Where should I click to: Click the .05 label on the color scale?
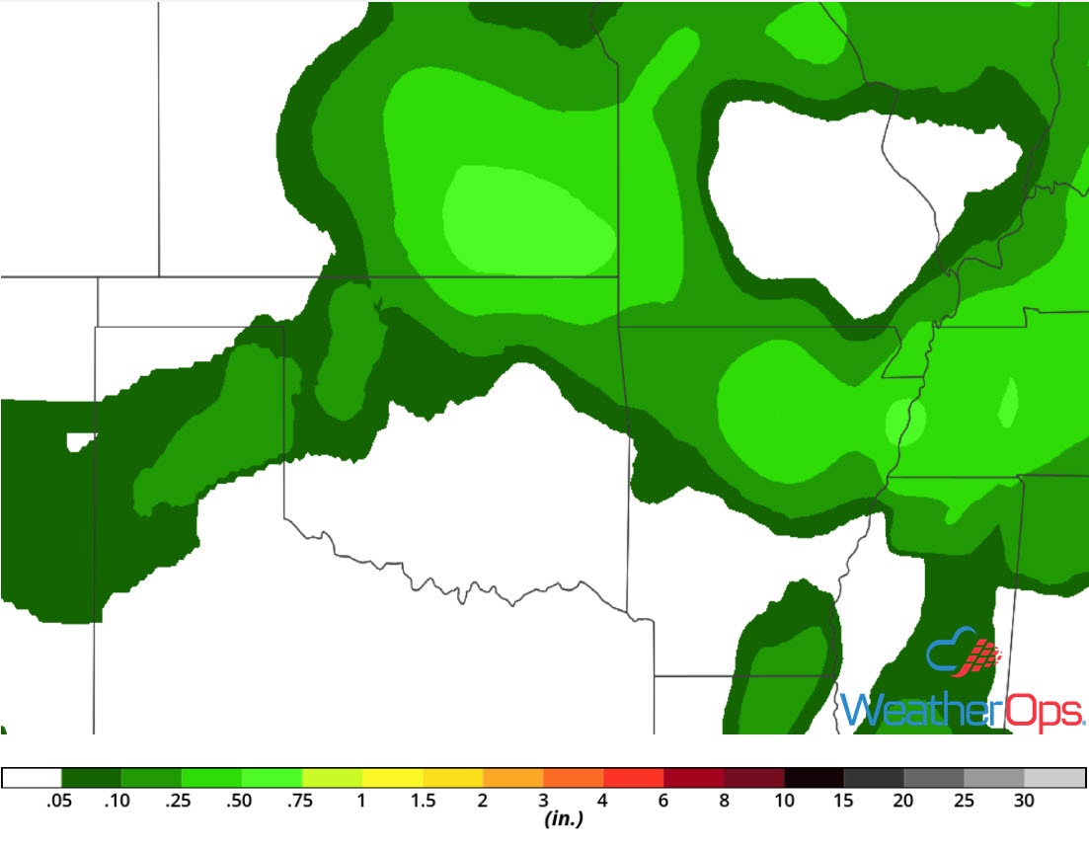tap(60, 802)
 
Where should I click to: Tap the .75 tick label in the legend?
tap(301, 802)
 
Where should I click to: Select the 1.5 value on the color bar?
tap(423, 802)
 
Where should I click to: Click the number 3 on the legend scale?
tap(543, 802)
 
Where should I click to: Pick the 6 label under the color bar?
tap(663, 802)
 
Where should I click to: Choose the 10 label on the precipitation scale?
tap(784, 802)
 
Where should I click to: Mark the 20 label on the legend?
tap(903, 802)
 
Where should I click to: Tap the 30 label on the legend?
tap(1024, 802)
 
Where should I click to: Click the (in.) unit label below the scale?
tap(560, 819)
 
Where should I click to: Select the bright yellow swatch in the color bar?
tap(392, 777)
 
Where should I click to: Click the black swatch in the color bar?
tap(814, 777)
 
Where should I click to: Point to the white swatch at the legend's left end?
tap(32, 777)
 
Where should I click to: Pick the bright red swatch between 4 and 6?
tap(633, 777)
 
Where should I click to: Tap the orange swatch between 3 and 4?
tap(573, 777)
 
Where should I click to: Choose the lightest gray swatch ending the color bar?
tap(1054, 777)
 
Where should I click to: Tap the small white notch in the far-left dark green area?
tap(79, 441)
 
